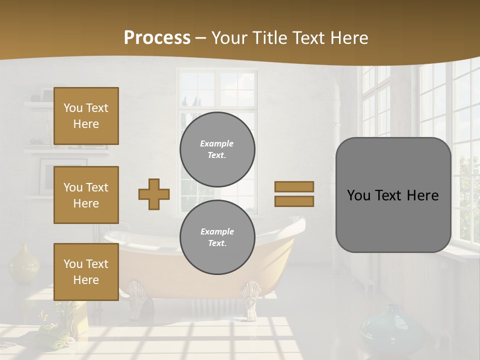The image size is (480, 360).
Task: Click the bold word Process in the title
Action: tap(157, 37)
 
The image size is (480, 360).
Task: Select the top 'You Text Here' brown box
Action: tap(86, 116)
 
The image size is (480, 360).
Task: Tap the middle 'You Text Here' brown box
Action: tap(86, 195)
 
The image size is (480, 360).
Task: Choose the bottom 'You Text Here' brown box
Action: tap(86, 272)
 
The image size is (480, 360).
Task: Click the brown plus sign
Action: tap(154, 194)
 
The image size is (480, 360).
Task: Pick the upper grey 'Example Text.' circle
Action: tap(217, 149)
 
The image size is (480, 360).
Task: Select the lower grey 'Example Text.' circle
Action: tap(217, 237)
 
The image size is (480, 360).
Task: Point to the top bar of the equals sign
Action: tap(294, 186)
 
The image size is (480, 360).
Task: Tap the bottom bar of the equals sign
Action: tap(294, 201)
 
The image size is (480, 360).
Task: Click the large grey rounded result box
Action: tap(393, 195)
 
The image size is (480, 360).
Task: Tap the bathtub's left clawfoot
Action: tap(135, 298)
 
